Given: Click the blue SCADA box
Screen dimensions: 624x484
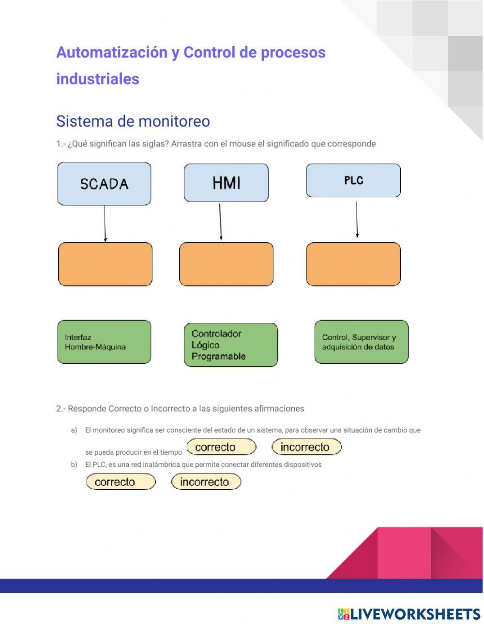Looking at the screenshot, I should click(x=104, y=184).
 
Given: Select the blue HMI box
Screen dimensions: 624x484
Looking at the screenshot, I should click(x=226, y=183).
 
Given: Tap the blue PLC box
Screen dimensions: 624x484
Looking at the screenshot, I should click(x=353, y=180).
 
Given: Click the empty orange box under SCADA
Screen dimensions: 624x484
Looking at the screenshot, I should click(x=105, y=264).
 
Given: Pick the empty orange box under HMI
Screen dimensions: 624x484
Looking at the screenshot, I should click(x=226, y=264).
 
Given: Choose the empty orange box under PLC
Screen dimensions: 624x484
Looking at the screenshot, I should click(x=353, y=264).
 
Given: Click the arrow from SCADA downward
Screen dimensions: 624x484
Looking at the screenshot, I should click(x=105, y=223).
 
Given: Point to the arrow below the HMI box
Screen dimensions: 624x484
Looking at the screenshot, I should click(x=220, y=221).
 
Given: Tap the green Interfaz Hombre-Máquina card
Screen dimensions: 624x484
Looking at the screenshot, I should click(x=104, y=342).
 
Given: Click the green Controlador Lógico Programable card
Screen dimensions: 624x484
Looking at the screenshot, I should click(x=231, y=345).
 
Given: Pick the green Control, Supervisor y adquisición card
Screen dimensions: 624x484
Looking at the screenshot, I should click(x=361, y=342).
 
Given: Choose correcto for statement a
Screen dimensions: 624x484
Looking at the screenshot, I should click(x=221, y=447).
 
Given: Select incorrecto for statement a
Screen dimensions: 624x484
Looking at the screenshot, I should click(x=306, y=447).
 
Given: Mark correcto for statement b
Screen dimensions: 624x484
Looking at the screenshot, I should click(x=121, y=482).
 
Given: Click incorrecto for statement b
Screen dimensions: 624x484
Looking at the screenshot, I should click(x=206, y=482).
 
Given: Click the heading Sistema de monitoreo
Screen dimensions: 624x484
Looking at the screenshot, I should click(x=133, y=121).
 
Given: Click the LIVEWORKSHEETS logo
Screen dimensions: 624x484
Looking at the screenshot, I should click(x=409, y=614).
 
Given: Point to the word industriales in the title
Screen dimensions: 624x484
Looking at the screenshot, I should click(x=98, y=79).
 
